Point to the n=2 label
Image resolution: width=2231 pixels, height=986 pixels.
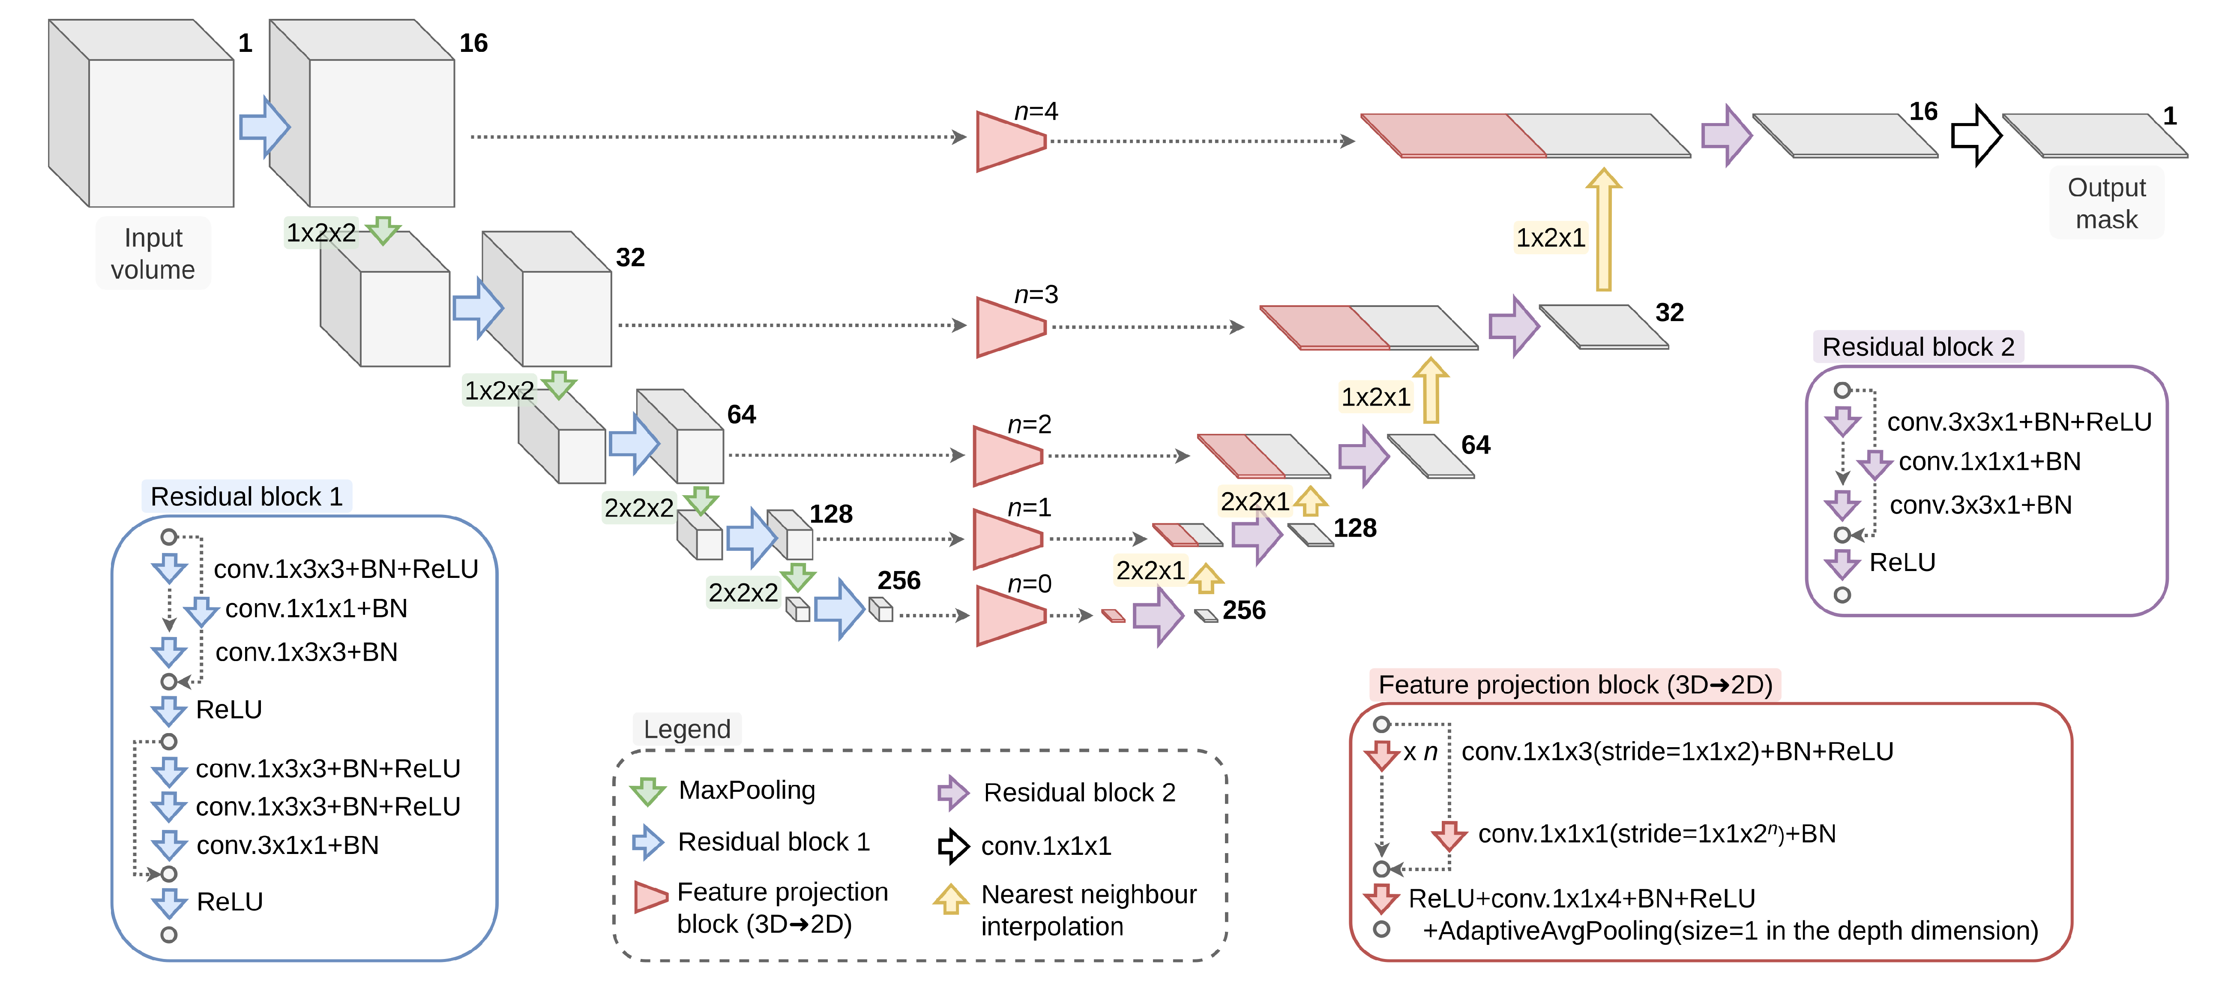click(x=1029, y=424)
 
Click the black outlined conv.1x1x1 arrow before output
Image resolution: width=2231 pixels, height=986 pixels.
click(x=1976, y=135)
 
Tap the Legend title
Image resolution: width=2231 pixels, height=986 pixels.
click(x=687, y=729)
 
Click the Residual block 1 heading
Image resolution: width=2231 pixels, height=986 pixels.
click(x=247, y=496)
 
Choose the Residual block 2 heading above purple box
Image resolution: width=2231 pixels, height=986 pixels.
click(x=1917, y=346)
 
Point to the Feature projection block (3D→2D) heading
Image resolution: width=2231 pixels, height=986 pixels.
click(x=1575, y=685)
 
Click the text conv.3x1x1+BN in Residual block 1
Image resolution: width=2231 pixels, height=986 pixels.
click(x=287, y=845)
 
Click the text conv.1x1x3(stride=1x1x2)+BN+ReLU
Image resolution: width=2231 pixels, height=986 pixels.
click(x=1677, y=751)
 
